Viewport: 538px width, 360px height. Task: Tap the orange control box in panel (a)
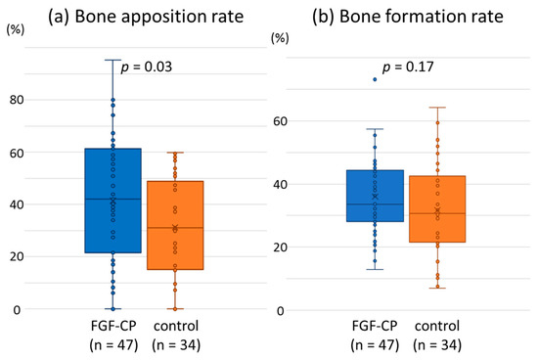(176, 225)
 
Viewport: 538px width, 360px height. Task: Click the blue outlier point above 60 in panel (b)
(376, 79)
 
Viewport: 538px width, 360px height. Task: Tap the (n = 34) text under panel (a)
(176, 344)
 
